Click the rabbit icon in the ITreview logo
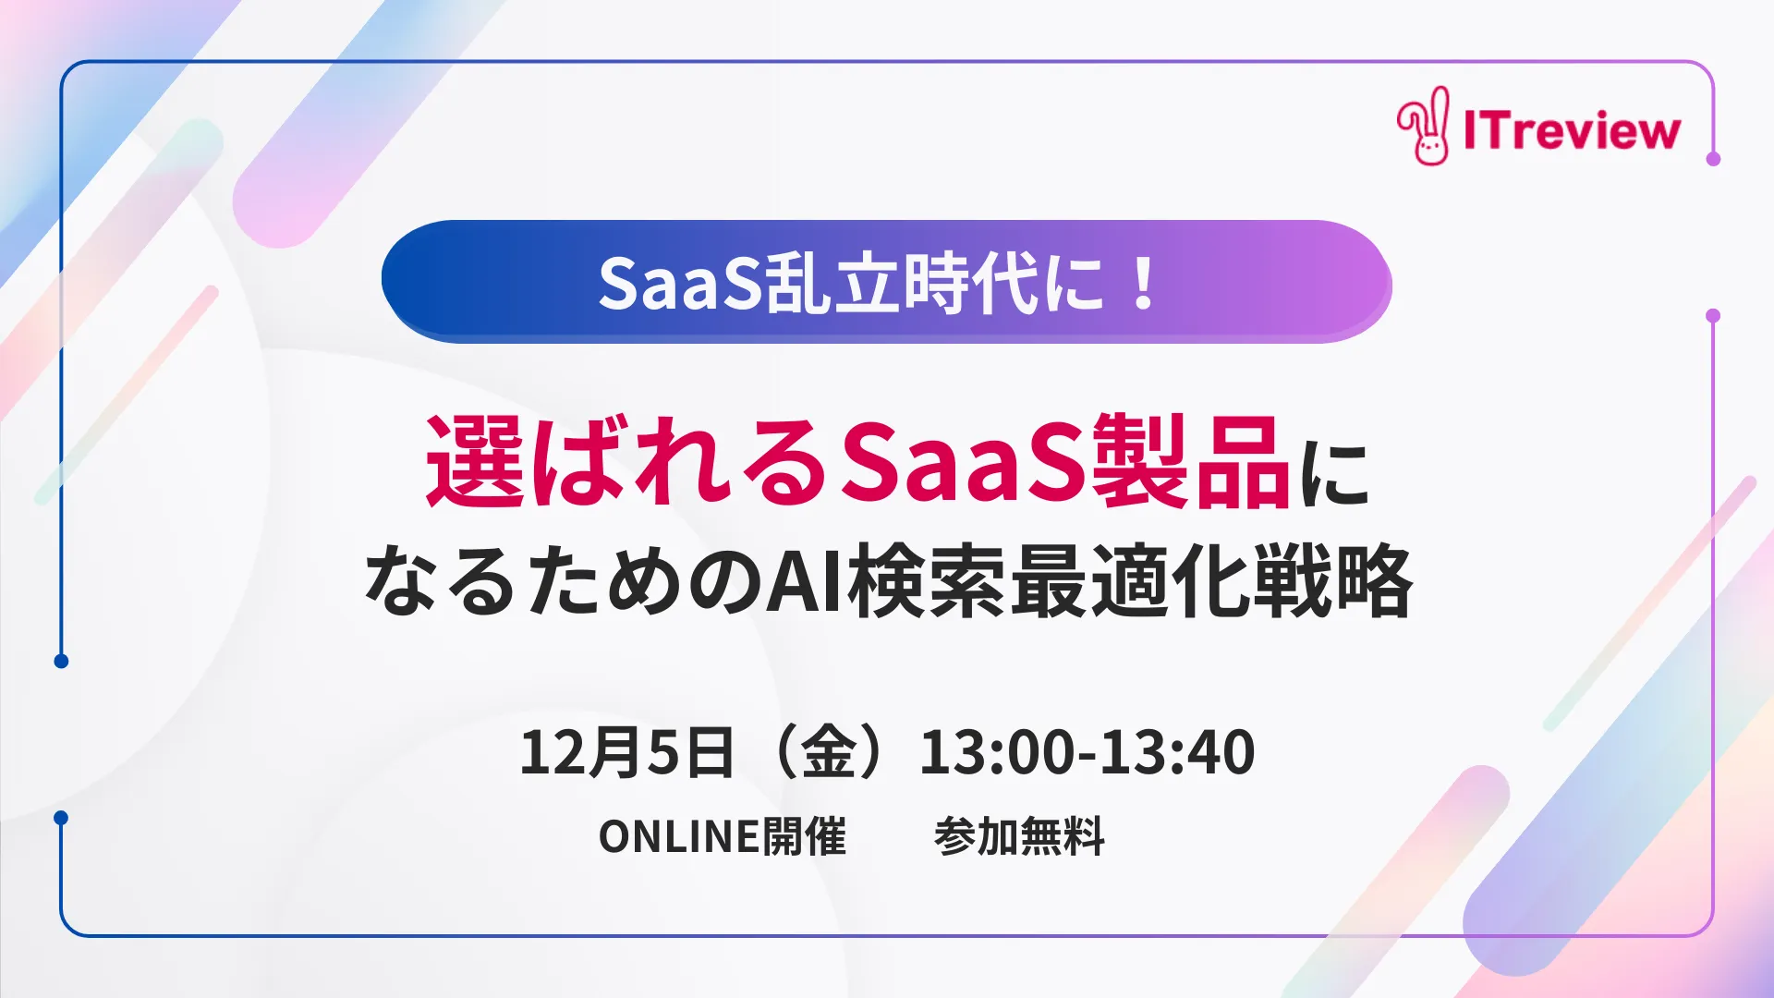[1424, 128]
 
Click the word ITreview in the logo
[1572, 130]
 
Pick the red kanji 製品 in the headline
[1191, 462]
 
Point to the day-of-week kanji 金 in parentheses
[829, 752]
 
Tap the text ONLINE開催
[722, 837]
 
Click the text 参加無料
[1019, 837]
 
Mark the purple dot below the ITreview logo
[1713, 159]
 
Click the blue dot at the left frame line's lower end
[61, 661]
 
